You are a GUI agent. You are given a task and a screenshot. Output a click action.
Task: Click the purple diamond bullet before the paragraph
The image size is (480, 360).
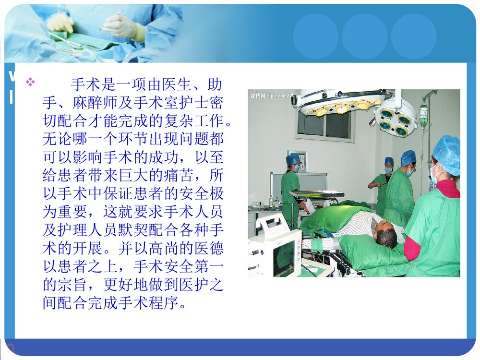point(30,82)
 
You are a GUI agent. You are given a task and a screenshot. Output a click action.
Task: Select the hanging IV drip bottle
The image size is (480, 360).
point(423,116)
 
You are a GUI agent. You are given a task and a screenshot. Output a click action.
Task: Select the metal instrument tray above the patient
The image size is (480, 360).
point(316,193)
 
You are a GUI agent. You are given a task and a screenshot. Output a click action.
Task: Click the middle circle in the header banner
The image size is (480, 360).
point(365,36)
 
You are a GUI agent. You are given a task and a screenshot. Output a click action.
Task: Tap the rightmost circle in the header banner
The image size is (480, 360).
point(414,36)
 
